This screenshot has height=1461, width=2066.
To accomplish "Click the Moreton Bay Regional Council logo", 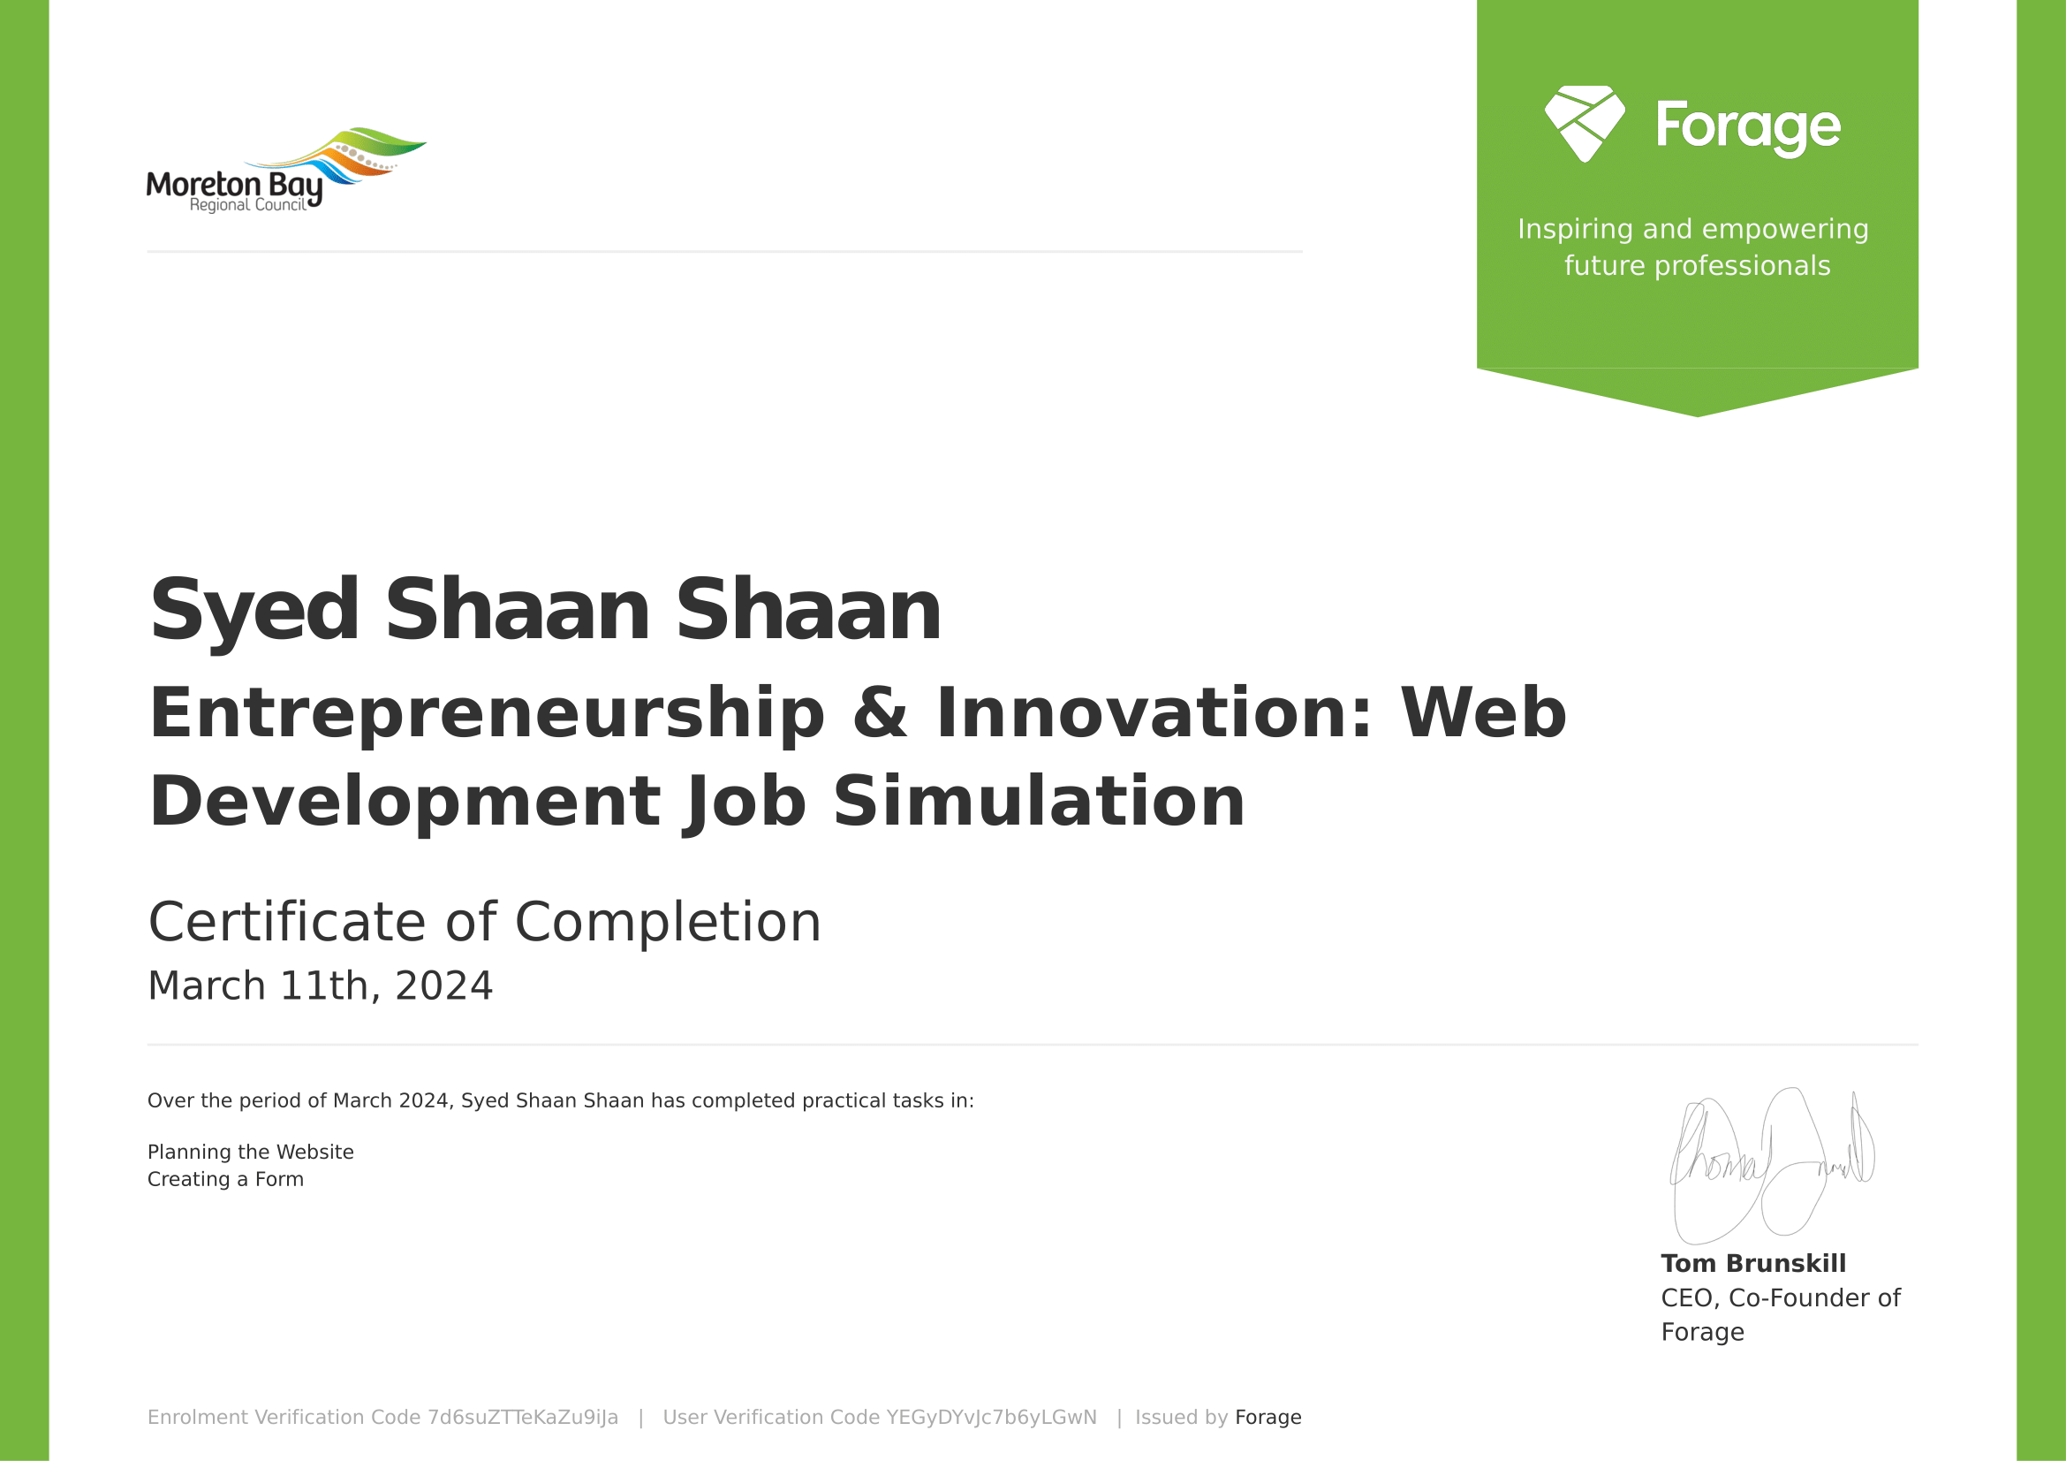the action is point(286,170).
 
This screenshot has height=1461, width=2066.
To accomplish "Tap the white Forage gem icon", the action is point(1585,125).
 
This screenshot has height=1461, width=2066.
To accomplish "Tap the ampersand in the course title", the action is point(880,713).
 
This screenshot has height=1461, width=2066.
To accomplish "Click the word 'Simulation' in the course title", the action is point(1040,800).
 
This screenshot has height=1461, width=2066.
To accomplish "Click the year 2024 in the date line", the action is point(443,985).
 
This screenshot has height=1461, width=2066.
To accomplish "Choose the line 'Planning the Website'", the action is point(250,1153).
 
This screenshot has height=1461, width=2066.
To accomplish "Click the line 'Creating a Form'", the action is point(225,1179).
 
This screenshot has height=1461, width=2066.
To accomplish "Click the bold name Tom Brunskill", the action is point(1752,1264).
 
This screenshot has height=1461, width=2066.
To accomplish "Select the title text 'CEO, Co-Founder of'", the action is point(1780,1298).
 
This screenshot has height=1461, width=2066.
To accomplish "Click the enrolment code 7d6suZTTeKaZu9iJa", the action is point(523,1418).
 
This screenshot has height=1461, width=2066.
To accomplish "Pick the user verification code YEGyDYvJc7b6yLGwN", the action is point(992,1418).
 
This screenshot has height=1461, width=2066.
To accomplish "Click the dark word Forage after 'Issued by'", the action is point(1268,1418).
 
